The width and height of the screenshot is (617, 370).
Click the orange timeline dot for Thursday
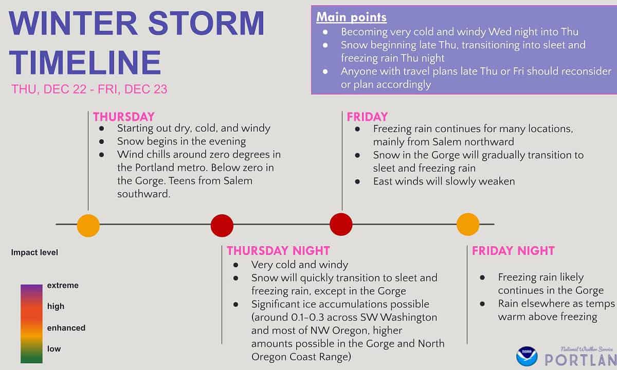[x=88, y=226]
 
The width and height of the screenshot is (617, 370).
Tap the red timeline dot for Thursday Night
[x=222, y=226]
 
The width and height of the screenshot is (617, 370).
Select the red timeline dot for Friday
[x=341, y=224]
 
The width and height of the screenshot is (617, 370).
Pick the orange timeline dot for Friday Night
[x=468, y=224]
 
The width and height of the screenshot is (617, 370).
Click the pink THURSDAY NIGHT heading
[x=278, y=251]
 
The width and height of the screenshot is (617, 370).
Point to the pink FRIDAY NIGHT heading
[x=513, y=251]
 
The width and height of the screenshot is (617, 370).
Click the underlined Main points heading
[x=352, y=17]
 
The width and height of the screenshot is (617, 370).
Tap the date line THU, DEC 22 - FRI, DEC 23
[x=89, y=89]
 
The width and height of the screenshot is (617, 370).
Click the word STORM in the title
[x=206, y=24]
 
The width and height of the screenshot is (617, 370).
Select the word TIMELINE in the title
[x=85, y=63]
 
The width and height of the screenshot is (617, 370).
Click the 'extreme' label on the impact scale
[x=63, y=285]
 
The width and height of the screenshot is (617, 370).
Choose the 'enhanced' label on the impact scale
[x=66, y=328]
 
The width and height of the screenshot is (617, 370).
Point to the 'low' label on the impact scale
[x=54, y=349]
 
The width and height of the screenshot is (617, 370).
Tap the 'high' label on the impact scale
[x=56, y=306]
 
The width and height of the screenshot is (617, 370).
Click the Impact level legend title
[x=34, y=252]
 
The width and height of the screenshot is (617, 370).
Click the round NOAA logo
[x=527, y=356]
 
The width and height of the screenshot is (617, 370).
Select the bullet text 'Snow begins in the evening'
[x=182, y=141]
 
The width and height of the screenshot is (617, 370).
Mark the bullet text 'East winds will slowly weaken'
[x=444, y=181]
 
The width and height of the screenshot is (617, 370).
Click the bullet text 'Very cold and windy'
[x=300, y=265]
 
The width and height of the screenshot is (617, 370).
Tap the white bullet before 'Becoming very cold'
[x=325, y=32]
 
